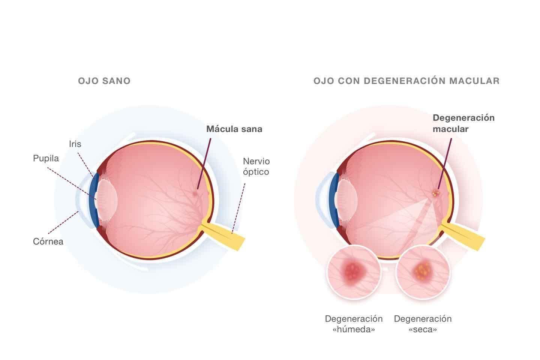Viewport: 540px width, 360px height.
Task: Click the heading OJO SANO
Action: coord(104,81)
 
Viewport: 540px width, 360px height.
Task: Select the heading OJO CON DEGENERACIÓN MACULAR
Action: coord(406,81)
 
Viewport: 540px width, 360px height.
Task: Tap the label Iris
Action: coord(75,144)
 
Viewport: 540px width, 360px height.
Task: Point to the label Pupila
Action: coord(46,158)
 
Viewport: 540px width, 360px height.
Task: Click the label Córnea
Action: coord(48,241)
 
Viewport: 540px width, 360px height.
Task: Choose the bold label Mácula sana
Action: coord(234,129)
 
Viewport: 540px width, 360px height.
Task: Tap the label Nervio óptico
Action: coord(256,166)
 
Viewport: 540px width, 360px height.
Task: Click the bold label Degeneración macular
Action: coord(463,123)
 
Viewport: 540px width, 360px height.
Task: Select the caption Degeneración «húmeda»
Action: coord(354,324)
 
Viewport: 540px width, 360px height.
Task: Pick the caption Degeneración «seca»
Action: coord(423,324)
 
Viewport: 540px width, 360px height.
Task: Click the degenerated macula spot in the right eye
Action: coord(436,193)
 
